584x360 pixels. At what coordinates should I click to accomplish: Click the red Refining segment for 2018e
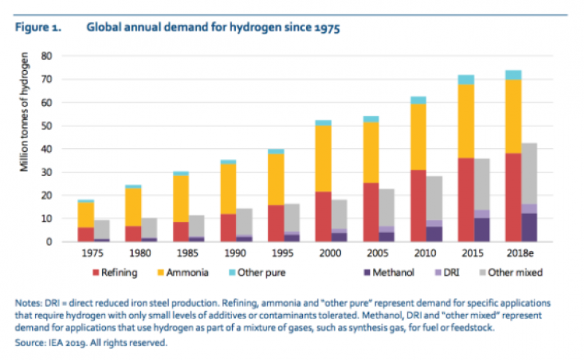tap(513, 197)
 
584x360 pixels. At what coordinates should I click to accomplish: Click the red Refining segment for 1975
tap(86, 234)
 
